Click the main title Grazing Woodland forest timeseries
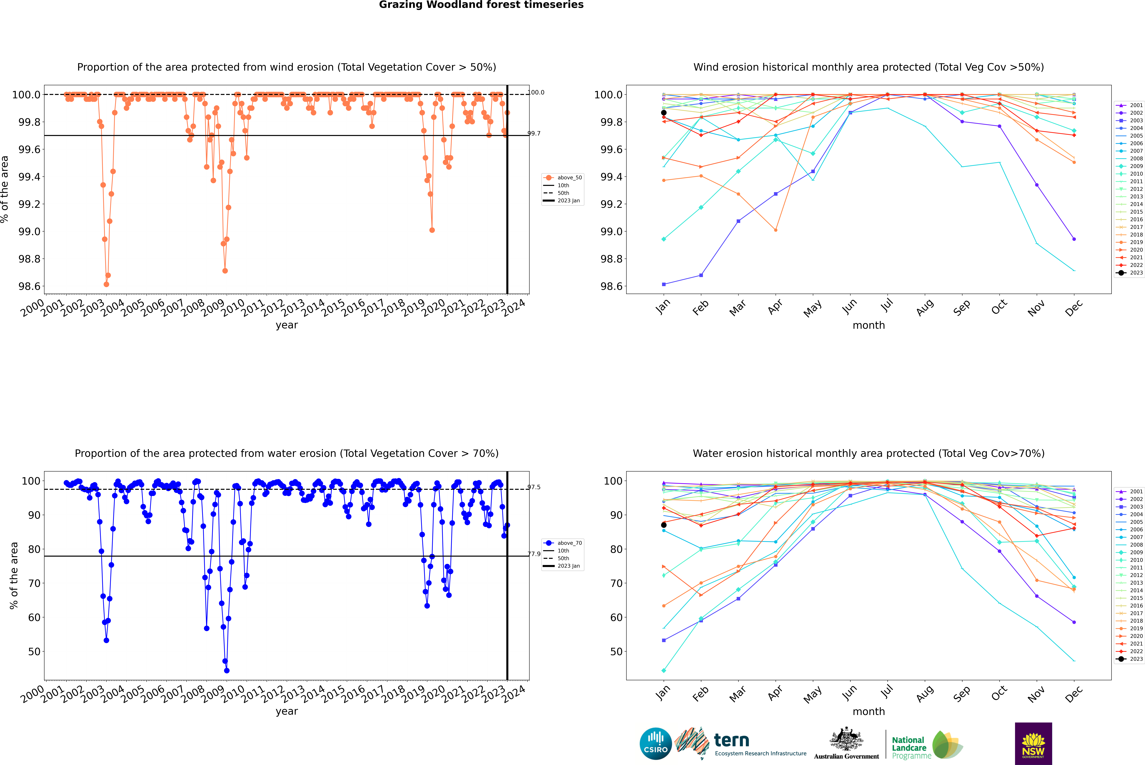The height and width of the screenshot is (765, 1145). coord(481,5)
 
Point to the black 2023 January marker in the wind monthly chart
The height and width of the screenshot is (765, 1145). coord(664,113)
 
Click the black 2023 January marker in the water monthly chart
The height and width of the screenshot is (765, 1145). coord(664,525)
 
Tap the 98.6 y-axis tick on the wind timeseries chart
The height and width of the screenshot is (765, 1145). coord(29,286)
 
